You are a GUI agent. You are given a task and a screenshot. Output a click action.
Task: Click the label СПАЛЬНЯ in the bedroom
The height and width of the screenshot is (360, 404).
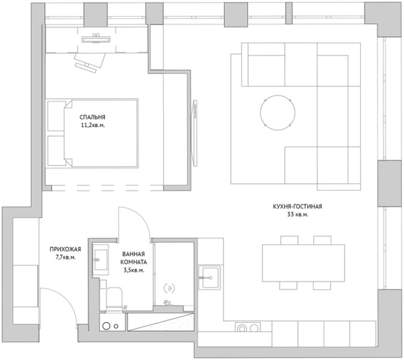click(92, 118)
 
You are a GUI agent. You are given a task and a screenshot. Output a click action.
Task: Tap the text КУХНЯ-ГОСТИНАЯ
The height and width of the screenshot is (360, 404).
click(297, 206)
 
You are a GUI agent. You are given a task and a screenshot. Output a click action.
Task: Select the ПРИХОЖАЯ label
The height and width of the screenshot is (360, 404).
click(65, 249)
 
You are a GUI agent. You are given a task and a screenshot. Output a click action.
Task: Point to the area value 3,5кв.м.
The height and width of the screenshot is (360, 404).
click(134, 271)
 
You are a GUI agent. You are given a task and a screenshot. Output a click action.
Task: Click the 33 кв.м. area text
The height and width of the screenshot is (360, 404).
click(297, 215)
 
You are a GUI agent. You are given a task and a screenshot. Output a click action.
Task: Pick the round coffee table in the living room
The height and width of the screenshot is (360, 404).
click(278, 113)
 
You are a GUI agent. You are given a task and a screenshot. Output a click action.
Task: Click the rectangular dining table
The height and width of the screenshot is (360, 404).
click(303, 263)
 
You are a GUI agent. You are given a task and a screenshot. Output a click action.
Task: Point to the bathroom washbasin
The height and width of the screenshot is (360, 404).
click(101, 260)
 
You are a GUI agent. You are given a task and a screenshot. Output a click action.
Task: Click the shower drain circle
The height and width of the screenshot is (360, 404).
click(169, 289)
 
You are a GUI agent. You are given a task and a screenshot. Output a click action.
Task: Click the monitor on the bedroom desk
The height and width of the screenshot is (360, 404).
click(96, 39)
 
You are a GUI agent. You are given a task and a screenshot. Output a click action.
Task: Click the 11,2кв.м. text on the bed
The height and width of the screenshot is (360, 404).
click(92, 125)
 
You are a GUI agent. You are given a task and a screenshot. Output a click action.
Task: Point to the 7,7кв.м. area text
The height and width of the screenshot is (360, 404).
click(66, 257)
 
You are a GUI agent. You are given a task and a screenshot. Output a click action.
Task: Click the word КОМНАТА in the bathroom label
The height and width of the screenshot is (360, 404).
click(134, 262)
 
